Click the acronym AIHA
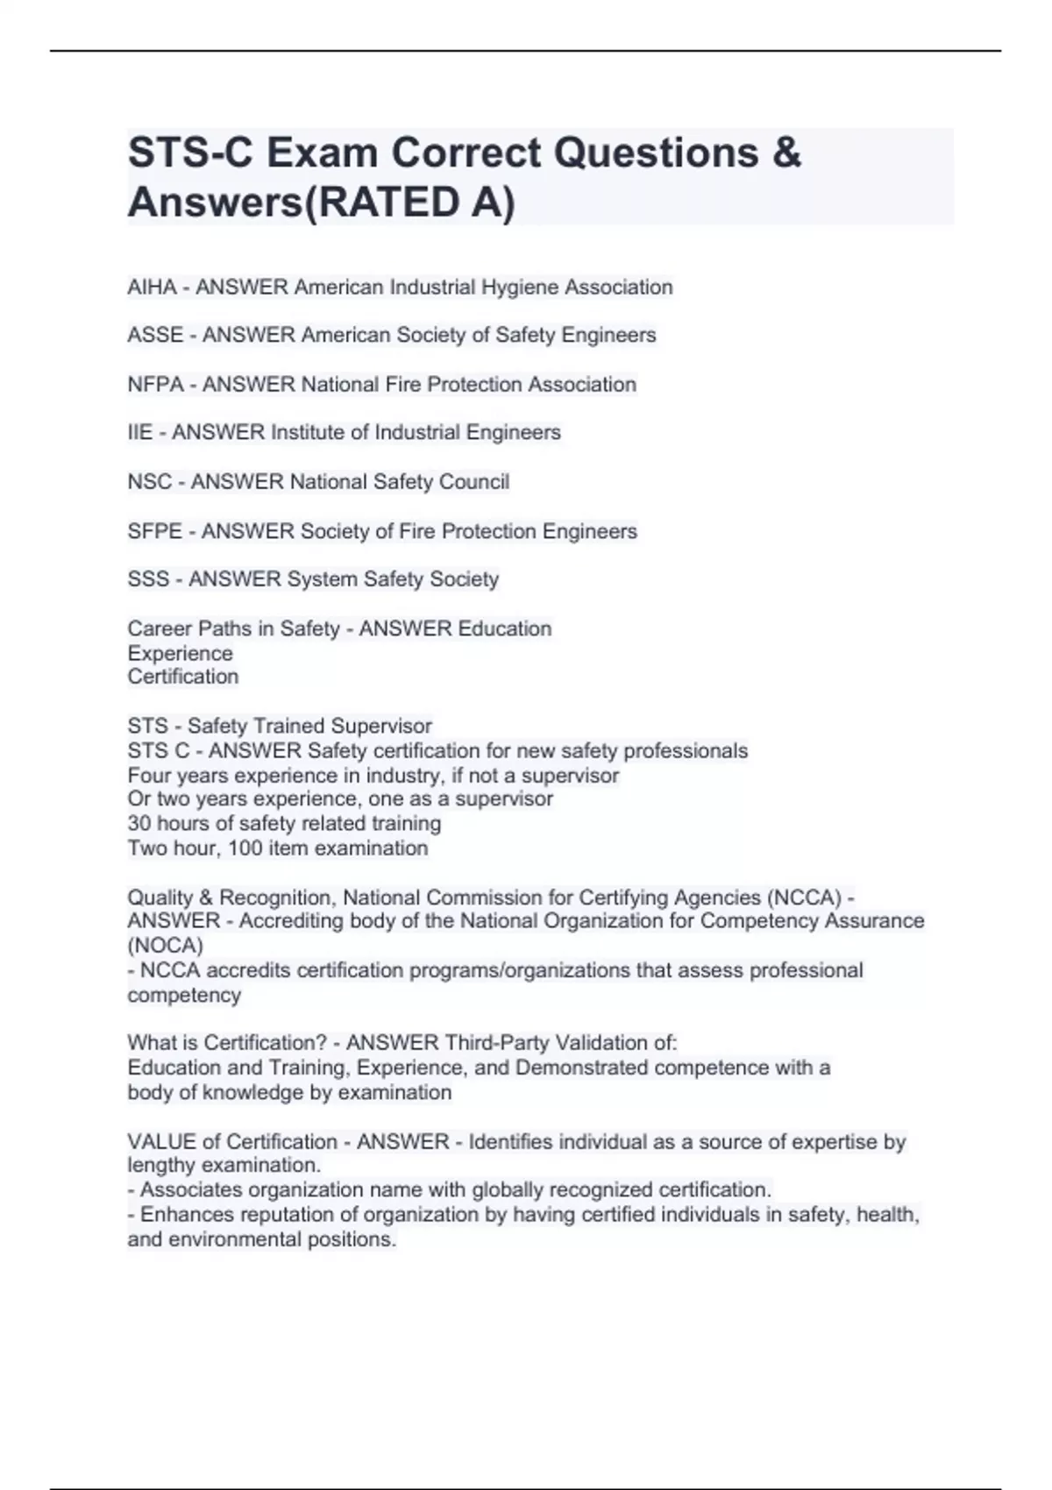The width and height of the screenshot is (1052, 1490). point(152,287)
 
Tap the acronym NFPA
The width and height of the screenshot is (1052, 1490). point(155,385)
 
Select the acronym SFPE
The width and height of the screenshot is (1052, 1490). point(155,531)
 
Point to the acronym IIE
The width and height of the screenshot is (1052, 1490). point(139,432)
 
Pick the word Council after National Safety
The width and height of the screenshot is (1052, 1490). point(477,482)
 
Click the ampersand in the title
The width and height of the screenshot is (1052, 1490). point(787,153)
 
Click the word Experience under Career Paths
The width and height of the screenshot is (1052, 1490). point(180,654)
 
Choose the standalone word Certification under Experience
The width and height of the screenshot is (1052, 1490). point(182,677)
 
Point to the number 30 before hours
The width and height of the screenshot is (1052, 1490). point(139,824)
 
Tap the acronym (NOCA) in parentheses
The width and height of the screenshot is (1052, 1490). point(165,946)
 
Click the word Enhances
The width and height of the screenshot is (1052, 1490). point(181,1215)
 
